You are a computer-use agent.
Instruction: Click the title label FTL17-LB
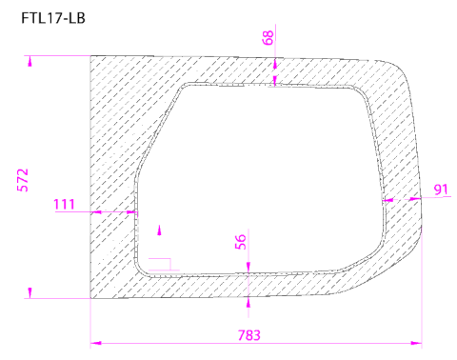click(x=53, y=16)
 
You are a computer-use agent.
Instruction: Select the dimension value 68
click(x=268, y=37)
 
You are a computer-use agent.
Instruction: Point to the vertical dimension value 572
click(x=24, y=180)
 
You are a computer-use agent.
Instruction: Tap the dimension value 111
click(x=65, y=204)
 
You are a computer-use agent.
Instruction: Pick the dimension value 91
click(x=441, y=190)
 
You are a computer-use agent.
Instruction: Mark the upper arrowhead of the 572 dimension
click(x=30, y=62)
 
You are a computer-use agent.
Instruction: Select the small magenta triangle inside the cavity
click(x=159, y=229)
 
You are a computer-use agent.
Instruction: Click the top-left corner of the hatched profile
click(x=90, y=56)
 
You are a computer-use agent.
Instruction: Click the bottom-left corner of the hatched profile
click(x=90, y=298)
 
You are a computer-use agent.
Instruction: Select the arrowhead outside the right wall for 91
click(x=416, y=200)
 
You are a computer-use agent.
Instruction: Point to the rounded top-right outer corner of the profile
click(x=398, y=69)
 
